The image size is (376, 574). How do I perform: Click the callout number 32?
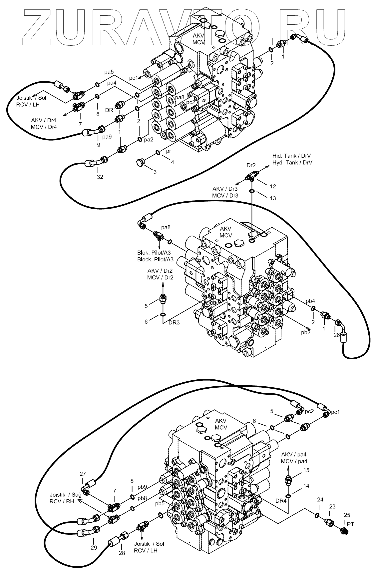100,177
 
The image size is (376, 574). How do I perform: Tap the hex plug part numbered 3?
139,163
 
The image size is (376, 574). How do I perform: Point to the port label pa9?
107,137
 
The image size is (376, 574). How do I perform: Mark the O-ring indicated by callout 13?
252,191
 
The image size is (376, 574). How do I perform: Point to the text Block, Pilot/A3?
156,259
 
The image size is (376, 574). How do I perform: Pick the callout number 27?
83,474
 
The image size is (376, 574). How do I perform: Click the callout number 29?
94,548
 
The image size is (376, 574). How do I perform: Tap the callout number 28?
122,553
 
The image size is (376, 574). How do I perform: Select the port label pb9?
143,487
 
